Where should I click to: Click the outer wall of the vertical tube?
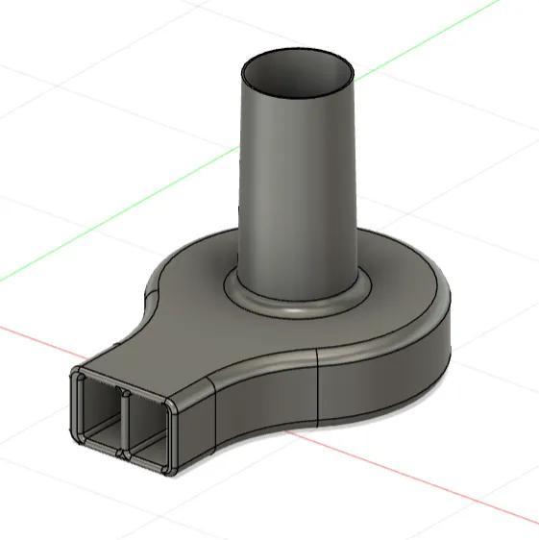coord(298,192)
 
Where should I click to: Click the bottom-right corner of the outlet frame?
coord(171,471)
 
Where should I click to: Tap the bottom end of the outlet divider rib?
coord(123,452)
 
